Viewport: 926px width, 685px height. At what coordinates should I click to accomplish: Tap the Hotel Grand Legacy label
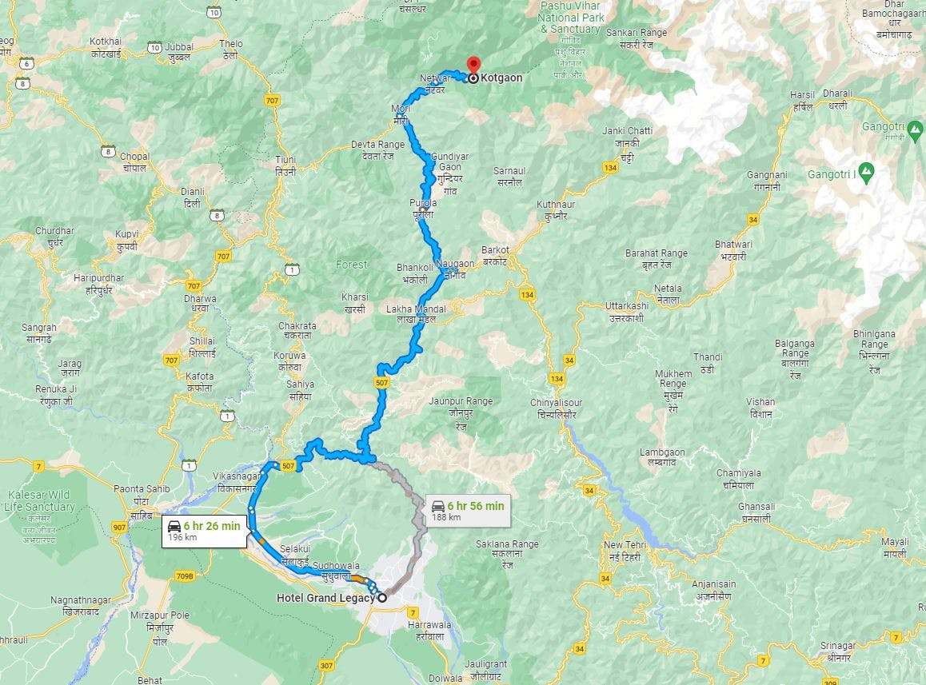click(325, 598)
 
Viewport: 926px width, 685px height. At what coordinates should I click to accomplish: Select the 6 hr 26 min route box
click(204, 531)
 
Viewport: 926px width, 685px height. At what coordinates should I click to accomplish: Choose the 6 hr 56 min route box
click(468, 510)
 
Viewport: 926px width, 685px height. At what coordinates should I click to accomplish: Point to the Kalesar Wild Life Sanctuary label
click(38, 500)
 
